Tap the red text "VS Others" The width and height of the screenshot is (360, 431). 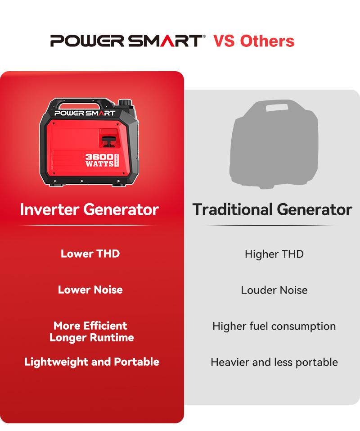[254, 41]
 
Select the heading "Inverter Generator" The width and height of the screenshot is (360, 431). [89, 209]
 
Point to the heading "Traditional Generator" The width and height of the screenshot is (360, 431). [272, 209]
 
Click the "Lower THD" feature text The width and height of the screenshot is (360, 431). [90, 254]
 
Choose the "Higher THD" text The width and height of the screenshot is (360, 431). [274, 254]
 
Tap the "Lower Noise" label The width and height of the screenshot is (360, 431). [90, 290]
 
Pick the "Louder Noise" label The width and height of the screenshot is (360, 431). [274, 290]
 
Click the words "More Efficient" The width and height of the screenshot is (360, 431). [90, 326]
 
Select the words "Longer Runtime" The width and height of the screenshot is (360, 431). [91, 337]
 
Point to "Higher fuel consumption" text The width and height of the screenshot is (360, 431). [274, 326]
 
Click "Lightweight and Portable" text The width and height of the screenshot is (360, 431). [91, 362]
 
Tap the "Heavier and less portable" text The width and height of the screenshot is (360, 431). [274, 362]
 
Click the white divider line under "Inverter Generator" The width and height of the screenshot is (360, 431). [89, 225]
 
